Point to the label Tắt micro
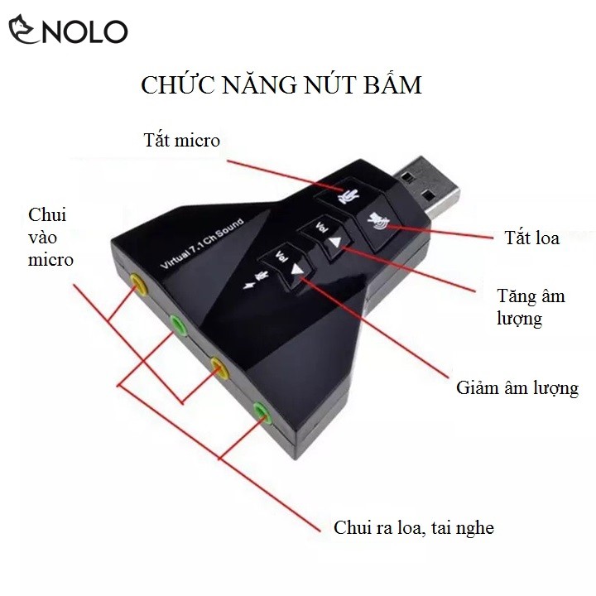(180, 140)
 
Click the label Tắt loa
(532, 238)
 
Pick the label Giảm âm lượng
(517, 388)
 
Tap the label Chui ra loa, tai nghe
(413, 527)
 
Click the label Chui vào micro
(50, 238)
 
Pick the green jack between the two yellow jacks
(178, 324)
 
